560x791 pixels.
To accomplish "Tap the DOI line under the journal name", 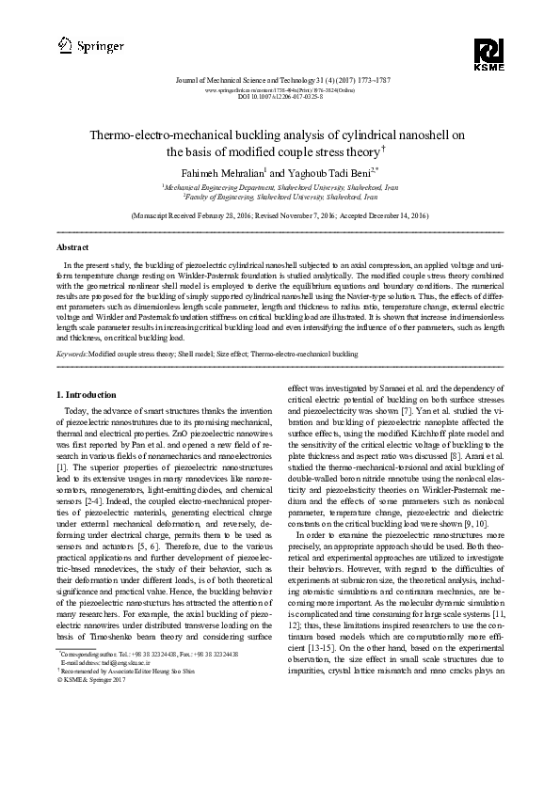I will point(280,97).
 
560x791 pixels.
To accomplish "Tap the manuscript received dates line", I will point(280,215).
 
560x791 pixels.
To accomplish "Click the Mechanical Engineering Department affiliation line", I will point(280,188).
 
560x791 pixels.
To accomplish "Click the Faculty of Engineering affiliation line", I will point(280,198).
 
